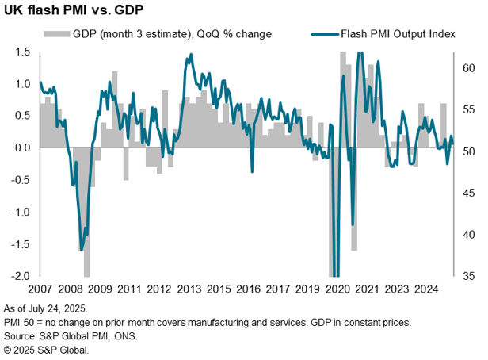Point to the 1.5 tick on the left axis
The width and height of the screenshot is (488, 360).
click(22, 52)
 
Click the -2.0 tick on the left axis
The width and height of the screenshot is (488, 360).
click(21, 277)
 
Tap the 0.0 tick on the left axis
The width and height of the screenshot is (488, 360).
click(22, 148)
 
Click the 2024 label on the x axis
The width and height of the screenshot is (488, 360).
click(426, 290)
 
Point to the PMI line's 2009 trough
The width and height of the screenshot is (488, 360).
click(82, 250)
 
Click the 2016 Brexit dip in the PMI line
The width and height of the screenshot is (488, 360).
click(252, 170)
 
